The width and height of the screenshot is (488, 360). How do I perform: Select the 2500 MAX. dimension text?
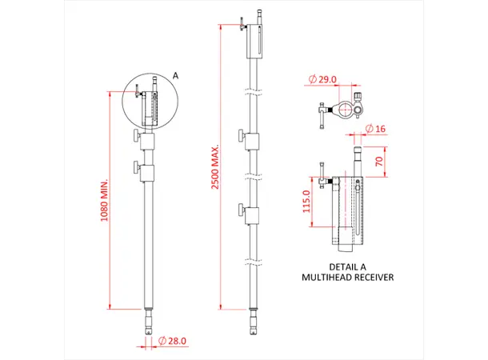(x=215, y=167)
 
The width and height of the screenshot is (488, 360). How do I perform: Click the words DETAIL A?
(x=347, y=266)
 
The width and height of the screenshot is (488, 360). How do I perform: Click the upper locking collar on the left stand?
(x=144, y=141)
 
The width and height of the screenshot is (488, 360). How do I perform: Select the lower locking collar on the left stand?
(x=144, y=170)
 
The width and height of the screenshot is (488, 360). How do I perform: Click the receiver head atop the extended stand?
(x=253, y=40)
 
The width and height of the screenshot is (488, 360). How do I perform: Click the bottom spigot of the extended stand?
(x=254, y=322)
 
